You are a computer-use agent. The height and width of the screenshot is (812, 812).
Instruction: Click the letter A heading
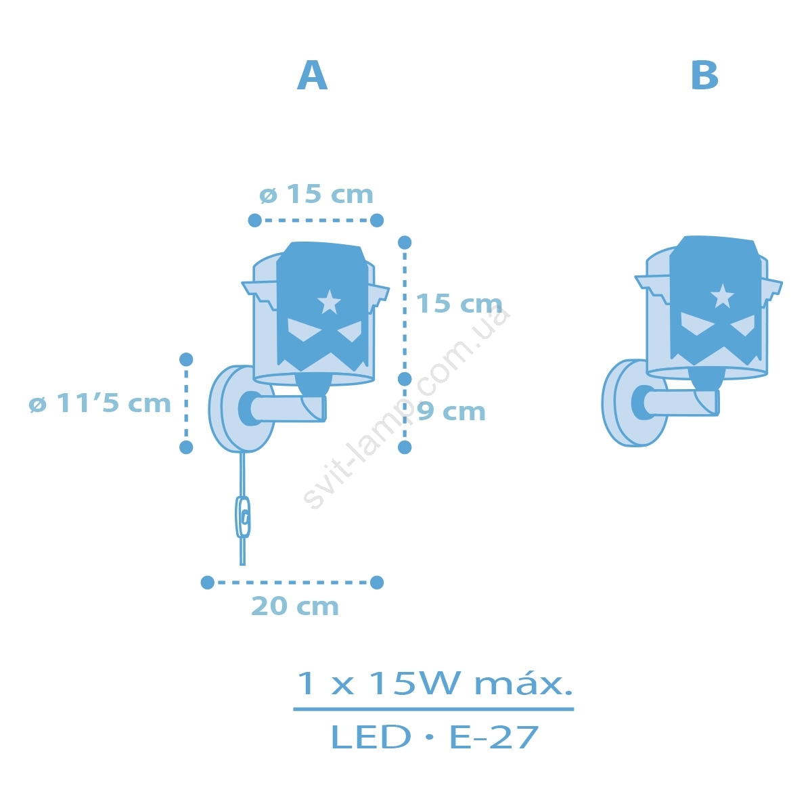pyautogui.click(x=312, y=75)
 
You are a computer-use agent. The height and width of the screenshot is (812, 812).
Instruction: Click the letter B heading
pyautogui.click(x=704, y=75)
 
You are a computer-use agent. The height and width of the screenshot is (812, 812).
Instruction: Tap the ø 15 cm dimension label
pyautogui.click(x=316, y=194)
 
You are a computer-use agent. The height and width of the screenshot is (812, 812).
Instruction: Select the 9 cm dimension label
pyautogui.click(x=451, y=411)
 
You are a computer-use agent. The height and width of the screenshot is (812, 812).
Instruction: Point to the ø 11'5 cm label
pyautogui.click(x=100, y=403)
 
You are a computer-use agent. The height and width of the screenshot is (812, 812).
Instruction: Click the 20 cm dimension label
pyautogui.click(x=295, y=606)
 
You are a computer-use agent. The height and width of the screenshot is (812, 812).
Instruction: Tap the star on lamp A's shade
pyautogui.click(x=329, y=302)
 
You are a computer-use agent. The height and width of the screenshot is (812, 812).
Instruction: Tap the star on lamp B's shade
pyautogui.click(x=722, y=296)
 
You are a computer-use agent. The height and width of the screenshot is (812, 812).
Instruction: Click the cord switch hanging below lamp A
pyautogui.click(x=242, y=517)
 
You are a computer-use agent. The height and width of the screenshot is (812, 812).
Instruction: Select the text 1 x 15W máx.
pyautogui.click(x=434, y=683)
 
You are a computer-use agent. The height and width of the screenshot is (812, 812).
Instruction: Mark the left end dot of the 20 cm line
pyautogui.click(x=207, y=583)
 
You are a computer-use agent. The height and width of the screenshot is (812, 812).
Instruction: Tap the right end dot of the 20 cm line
pyautogui.click(x=377, y=583)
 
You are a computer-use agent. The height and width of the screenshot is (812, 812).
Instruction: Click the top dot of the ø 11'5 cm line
pyautogui.click(x=186, y=359)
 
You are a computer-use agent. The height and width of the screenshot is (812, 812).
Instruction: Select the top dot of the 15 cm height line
pyautogui.click(x=405, y=242)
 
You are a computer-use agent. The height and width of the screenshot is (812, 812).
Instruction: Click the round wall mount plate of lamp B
pyautogui.click(x=632, y=403)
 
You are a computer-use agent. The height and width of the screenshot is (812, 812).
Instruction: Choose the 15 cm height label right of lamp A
pyautogui.click(x=459, y=303)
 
